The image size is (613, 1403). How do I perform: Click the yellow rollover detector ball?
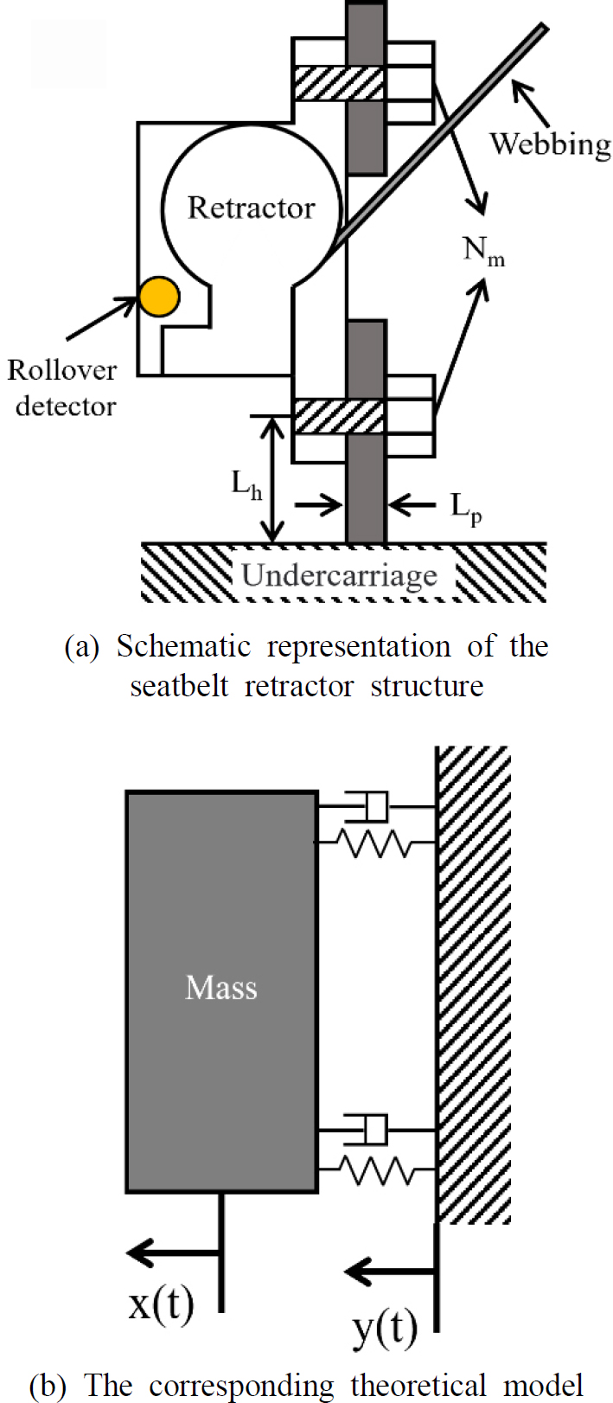click(x=159, y=297)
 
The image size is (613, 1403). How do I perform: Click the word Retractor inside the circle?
click(x=251, y=208)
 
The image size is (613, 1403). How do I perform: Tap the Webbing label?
click(x=550, y=144)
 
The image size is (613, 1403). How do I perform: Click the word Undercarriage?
click(x=339, y=575)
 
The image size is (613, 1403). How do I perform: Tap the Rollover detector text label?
click(x=62, y=388)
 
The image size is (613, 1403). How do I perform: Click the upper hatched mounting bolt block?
click(x=339, y=83)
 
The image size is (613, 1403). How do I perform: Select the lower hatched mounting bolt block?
click(x=339, y=416)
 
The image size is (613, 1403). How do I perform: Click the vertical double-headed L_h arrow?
click(x=274, y=479)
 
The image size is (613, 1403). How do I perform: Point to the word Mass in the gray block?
click(x=221, y=988)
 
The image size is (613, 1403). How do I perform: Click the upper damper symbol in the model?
click(x=368, y=807)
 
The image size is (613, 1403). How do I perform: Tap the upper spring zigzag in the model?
click(x=377, y=842)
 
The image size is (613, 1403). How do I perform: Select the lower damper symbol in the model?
click(x=368, y=1130)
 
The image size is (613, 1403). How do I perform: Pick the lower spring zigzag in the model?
click(x=377, y=1169)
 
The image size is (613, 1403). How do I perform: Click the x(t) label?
click(x=161, y=1304)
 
